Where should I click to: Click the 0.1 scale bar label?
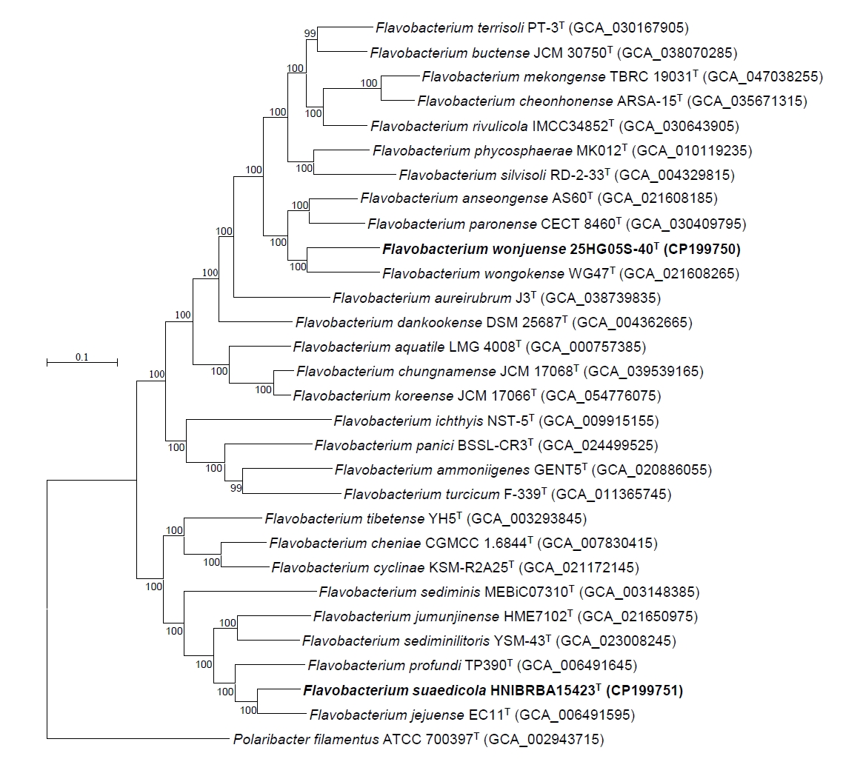(x=81, y=357)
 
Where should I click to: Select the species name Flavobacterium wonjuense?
(x=473, y=250)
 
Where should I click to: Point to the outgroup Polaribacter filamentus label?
(x=306, y=740)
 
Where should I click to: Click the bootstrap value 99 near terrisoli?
(x=310, y=33)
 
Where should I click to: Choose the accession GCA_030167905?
(x=628, y=28)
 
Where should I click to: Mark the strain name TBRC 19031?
(x=653, y=77)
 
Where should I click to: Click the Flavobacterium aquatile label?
(x=369, y=347)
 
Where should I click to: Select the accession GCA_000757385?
(x=585, y=347)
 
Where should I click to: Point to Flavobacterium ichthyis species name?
(x=409, y=421)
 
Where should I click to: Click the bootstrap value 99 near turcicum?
(x=236, y=488)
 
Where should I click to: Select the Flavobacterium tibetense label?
(x=344, y=519)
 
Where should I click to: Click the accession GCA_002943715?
(x=544, y=740)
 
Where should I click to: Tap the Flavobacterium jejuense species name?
(x=387, y=715)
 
